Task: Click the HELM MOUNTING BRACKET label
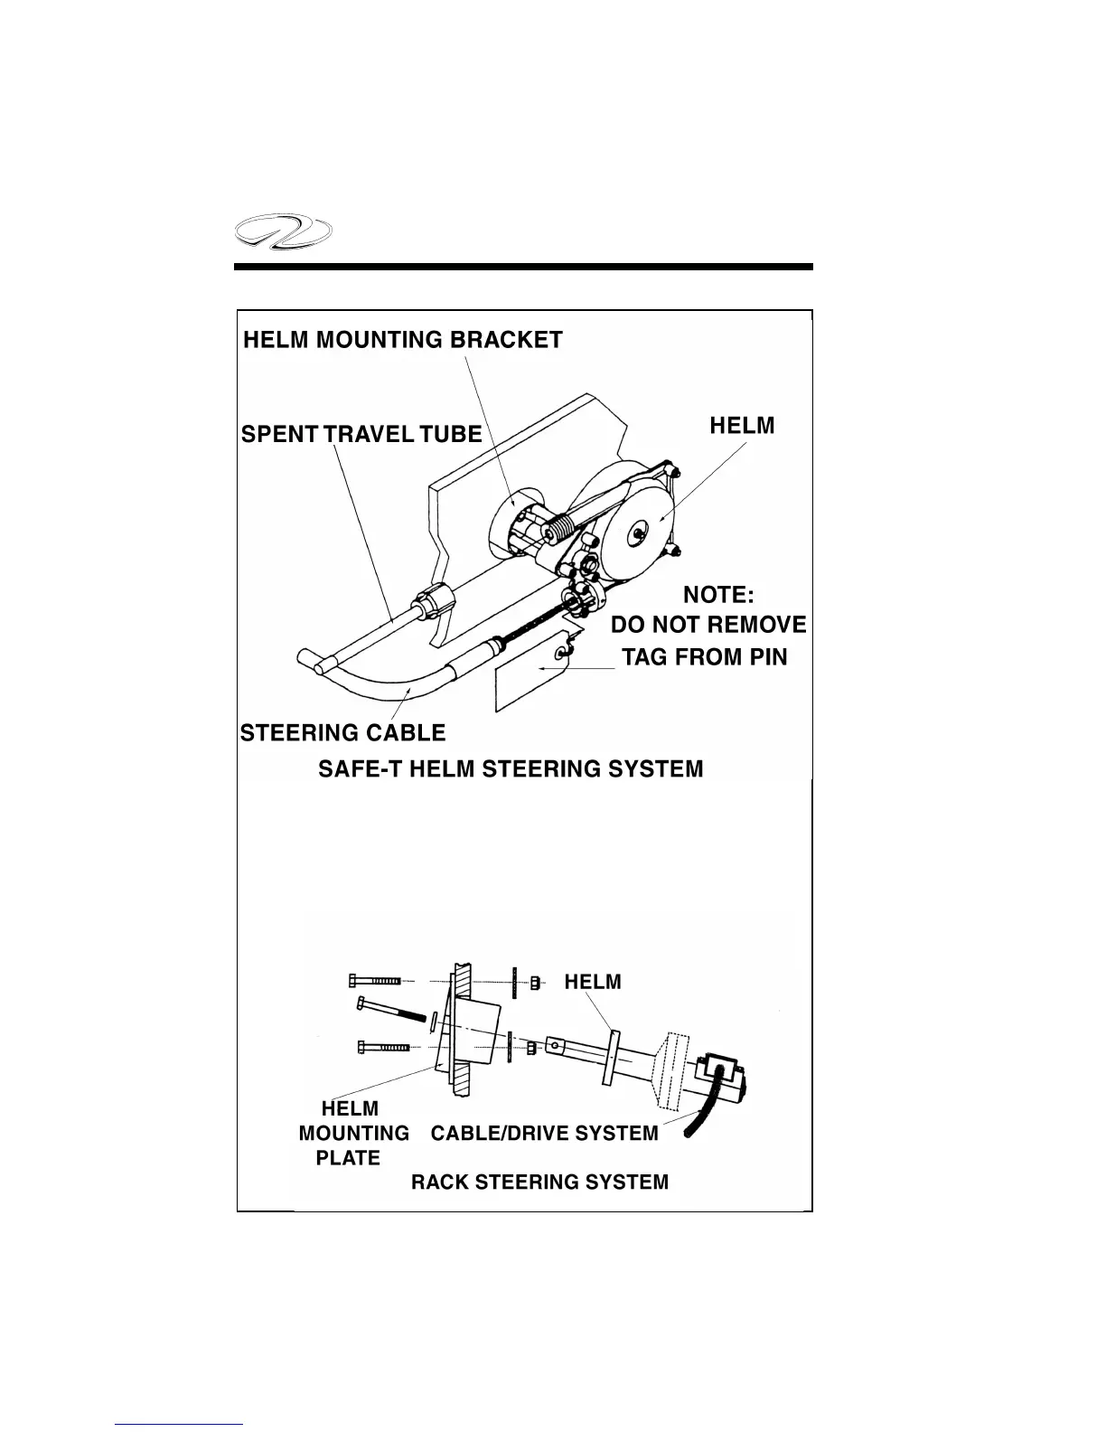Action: tap(403, 340)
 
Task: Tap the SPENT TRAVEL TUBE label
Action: tap(361, 434)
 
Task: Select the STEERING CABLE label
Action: tap(343, 732)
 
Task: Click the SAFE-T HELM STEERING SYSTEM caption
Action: tap(511, 769)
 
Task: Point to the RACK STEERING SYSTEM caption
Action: tap(539, 1182)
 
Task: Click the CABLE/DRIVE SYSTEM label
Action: tap(544, 1134)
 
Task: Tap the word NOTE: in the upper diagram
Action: tap(718, 595)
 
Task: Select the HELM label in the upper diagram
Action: tap(742, 426)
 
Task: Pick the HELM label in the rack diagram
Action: tap(593, 982)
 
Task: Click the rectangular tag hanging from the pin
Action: tap(528, 674)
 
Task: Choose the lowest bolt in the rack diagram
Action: tap(382, 1048)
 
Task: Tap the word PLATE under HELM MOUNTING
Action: tap(348, 1158)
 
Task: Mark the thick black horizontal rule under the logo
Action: tap(523, 267)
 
